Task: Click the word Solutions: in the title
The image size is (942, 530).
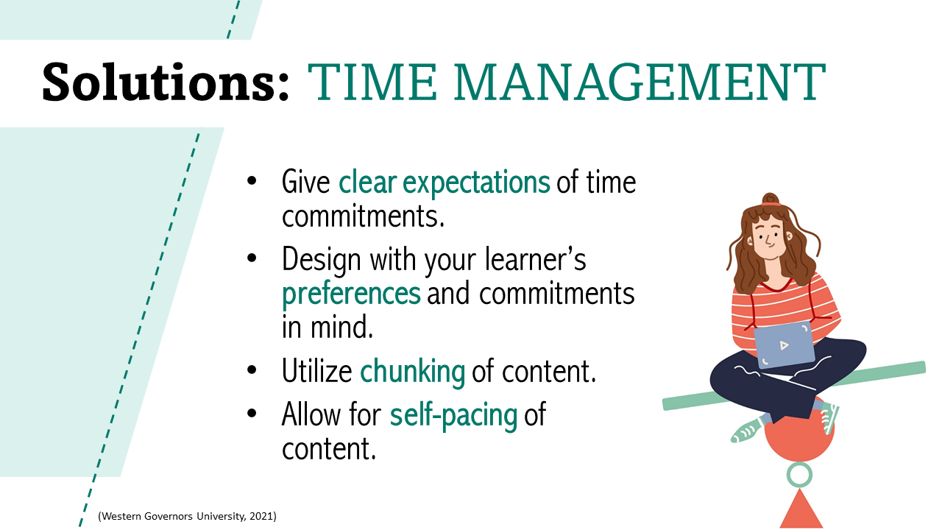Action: pos(166,82)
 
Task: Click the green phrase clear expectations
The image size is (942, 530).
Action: pos(444,182)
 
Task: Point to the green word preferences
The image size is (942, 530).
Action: pos(351,294)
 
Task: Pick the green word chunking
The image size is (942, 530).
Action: pos(412,371)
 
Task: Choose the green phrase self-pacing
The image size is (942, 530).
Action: pos(453,414)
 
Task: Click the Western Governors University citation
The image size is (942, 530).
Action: pos(187,517)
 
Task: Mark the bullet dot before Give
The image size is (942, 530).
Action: pos(252,180)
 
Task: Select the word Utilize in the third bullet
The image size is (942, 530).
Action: pos(317,371)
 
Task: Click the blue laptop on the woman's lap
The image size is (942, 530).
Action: pos(784,344)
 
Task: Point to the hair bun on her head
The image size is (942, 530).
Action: pos(771,199)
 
